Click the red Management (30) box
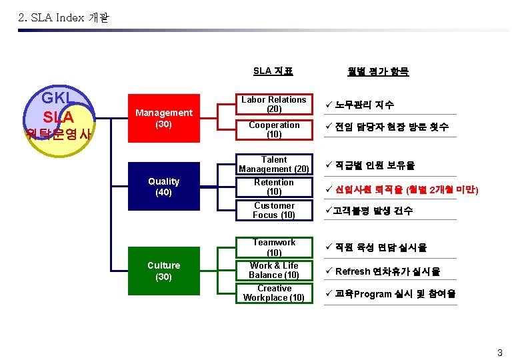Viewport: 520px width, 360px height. (163, 119)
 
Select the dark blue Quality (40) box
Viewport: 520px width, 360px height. (163, 187)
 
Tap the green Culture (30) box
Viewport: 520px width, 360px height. (163, 271)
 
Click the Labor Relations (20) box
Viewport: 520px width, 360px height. (273, 104)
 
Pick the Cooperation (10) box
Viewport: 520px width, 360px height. (273, 129)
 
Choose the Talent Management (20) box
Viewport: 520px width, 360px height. (273, 164)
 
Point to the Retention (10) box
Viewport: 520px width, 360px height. (273, 187)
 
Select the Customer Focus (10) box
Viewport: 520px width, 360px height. (273, 210)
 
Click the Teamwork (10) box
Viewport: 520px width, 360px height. (273, 247)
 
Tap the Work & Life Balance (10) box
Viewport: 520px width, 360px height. (273, 270)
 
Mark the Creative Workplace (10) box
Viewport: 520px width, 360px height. (273, 293)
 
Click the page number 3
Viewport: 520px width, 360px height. (499, 351)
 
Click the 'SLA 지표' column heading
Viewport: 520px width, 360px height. (273, 71)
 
